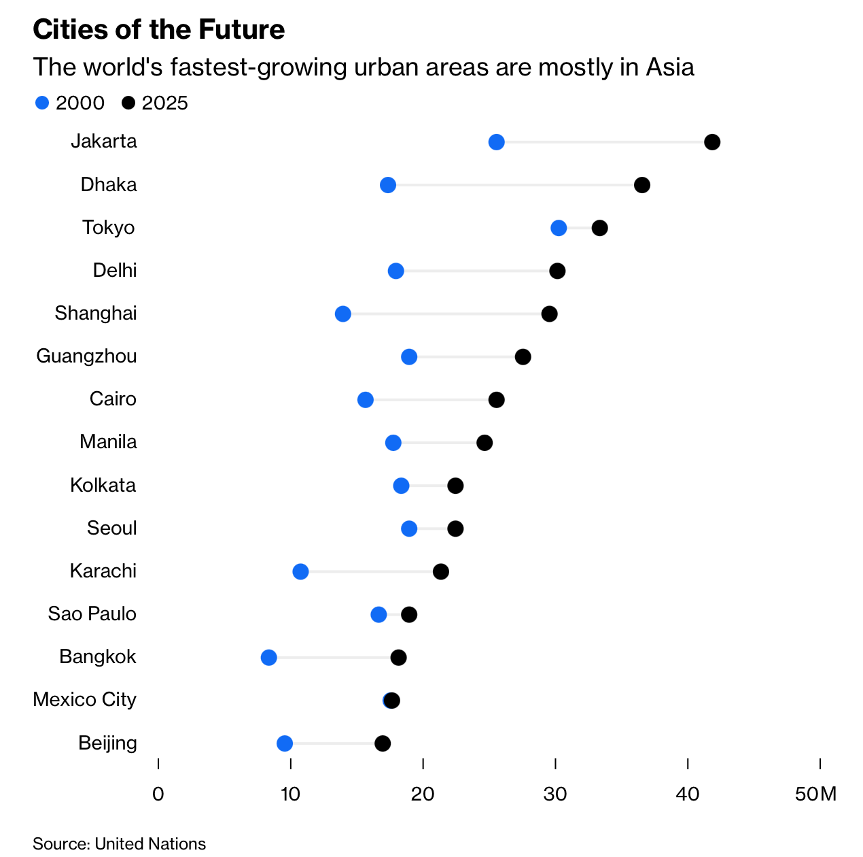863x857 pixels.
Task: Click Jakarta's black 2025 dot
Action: [x=712, y=142]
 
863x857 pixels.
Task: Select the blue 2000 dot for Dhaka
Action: [x=388, y=185]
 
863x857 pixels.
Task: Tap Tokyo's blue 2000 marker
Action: [x=559, y=228]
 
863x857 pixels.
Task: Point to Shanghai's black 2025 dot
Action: [x=550, y=314]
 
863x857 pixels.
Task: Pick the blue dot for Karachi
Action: [x=300, y=571]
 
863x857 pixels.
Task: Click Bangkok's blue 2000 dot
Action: [x=269, y=657]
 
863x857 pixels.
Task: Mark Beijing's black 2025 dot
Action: [x=383, y=743]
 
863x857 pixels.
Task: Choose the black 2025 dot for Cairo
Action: [x=497, y=400]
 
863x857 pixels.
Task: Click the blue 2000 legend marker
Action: [x=42, y=103]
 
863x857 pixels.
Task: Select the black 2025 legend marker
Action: [x=128, y=103]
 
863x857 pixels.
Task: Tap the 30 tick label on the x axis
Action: [x=555, y=794]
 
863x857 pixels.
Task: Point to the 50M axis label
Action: [x=815, y=794]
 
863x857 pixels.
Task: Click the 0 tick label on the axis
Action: [x=158, y=794]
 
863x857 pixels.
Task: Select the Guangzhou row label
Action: [x=86, y=356]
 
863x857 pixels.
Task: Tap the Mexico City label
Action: [x=84, y=699]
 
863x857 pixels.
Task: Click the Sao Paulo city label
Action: [x=92, y=614]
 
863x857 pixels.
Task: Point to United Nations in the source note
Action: [x=150, y=843]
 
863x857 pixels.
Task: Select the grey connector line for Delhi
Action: [x=476, y=271]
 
